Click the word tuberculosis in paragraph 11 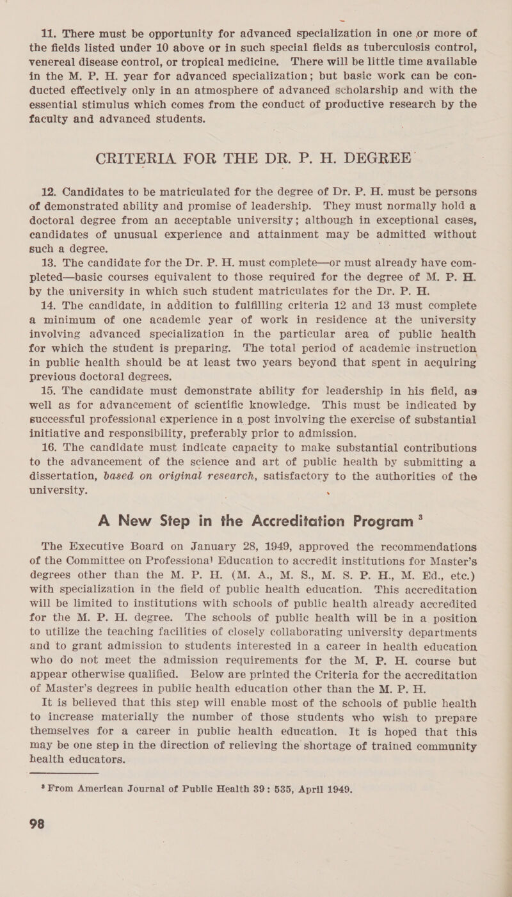(415, 44)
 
